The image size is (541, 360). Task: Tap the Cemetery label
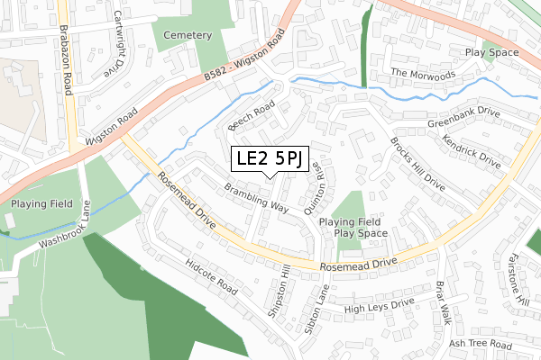pos(188,35)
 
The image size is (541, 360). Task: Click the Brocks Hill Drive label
pos(417,163)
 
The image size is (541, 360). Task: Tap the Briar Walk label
pos(443,302)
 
